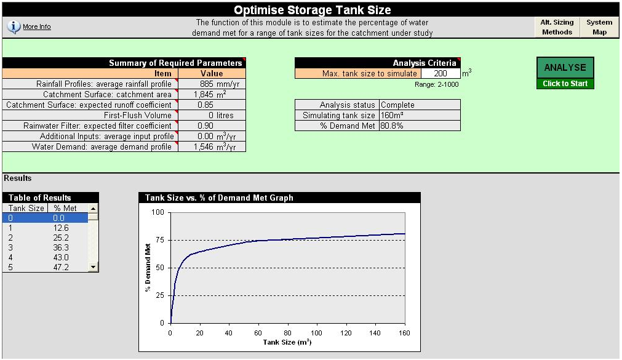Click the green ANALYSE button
point(565,68)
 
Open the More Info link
point(37,27)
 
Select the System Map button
point(599,27)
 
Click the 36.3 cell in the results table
point(62,247)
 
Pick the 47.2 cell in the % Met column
point(62,267)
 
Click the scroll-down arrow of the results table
point(93,267)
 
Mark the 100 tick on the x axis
point(317,333)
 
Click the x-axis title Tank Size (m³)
point(287,342)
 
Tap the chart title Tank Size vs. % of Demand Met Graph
point(219,198)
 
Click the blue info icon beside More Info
point(14,27)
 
